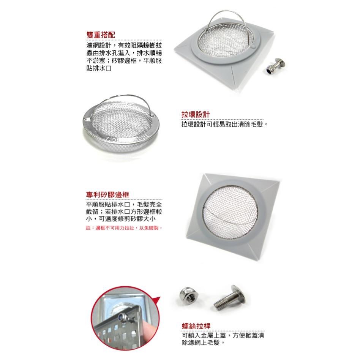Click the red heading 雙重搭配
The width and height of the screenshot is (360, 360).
(101, 35)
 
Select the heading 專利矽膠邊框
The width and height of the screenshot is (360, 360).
(108, 194)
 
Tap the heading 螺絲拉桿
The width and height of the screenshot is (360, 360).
(196, 326)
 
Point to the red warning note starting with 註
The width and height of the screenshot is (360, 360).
(124, 228)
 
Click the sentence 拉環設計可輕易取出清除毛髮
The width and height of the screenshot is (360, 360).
(224, 124)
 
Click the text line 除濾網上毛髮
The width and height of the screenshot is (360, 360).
(203, 343)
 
